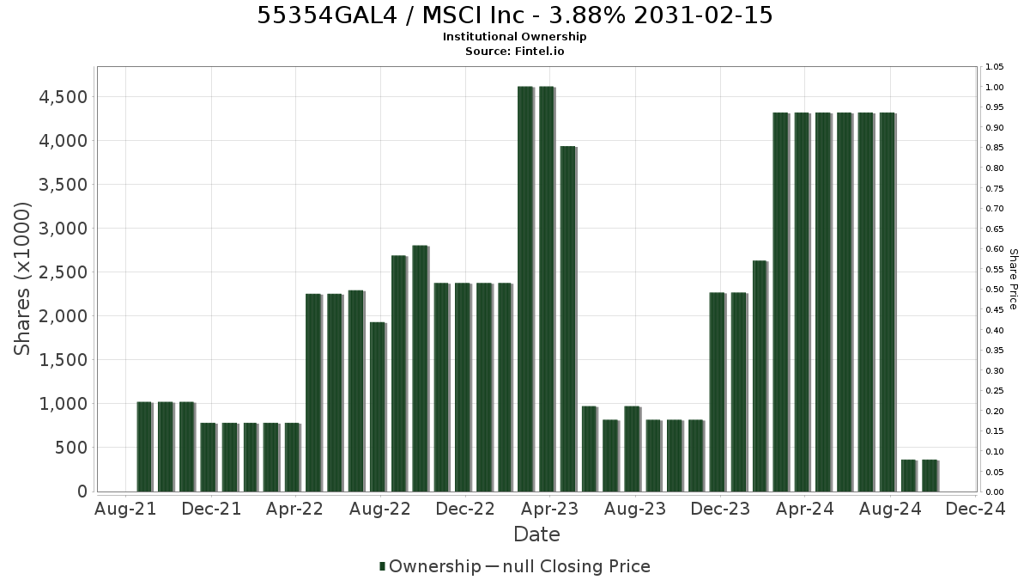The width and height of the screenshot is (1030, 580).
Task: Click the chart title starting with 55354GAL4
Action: [x=514, y=15]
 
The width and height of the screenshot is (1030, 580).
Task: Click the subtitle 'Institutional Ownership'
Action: [x=514, y=37]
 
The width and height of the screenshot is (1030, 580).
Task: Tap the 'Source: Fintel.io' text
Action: [x=514, y=51]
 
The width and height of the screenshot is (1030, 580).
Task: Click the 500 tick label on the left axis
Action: [x=71, y=448]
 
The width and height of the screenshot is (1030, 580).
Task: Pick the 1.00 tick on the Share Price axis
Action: [x=994, y=88]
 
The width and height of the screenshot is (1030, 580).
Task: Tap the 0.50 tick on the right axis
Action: [x=994, y=290]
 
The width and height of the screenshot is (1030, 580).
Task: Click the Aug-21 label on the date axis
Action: [x=125, y=509]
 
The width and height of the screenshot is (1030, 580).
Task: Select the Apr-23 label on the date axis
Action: [x=550, y=509]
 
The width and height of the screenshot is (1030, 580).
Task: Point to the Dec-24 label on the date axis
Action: [x=976, y=509]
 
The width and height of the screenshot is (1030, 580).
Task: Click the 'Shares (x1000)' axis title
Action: [x=22, y=279]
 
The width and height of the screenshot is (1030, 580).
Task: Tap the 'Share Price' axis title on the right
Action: [x=1014, y=279]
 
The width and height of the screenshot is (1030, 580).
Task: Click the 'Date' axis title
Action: [x=536, y=534]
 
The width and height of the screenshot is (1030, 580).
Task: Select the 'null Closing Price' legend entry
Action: [x=577, y=566]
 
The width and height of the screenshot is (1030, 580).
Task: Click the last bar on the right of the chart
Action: [x=930, y=475]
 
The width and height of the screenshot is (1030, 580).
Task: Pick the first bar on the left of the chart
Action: [x=145, y=447]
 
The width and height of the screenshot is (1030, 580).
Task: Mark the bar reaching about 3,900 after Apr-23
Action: [x=569, y=319]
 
